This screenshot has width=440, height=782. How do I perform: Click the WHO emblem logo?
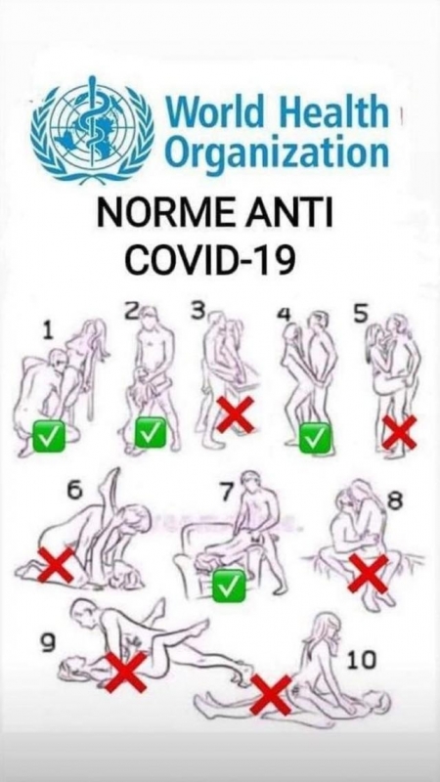93,129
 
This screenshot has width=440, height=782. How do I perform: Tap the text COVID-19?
209,260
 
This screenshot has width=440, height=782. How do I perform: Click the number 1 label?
48,331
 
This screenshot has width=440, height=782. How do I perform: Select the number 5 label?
360,313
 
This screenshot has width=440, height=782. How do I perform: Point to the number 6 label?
74,491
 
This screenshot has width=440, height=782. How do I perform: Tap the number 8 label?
395,500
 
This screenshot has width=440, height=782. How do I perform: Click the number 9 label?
47,644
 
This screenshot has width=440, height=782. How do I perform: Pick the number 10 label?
362,660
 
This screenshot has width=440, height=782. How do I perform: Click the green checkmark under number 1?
48,436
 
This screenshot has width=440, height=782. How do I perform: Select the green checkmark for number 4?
315,438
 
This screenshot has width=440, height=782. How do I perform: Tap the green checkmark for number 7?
229,585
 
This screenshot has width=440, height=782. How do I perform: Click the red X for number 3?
236,413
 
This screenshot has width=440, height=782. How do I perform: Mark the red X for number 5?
399,432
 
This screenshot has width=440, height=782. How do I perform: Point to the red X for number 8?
369,574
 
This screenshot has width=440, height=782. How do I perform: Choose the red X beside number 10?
271,695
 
